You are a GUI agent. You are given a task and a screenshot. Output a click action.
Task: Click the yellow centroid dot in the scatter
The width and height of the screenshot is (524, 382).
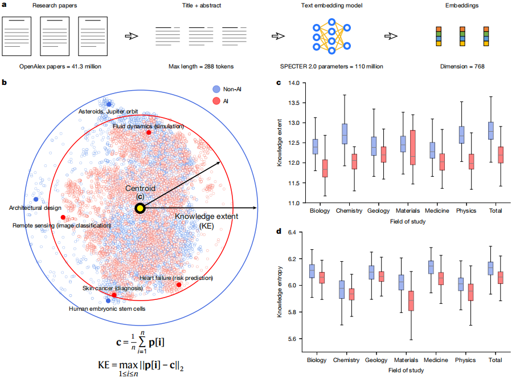[x=140, y=209]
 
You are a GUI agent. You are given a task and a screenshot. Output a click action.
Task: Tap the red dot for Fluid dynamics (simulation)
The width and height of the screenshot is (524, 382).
[x=149, y=132]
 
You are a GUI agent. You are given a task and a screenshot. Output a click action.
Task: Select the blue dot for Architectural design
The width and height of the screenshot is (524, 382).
[x=36, y=200]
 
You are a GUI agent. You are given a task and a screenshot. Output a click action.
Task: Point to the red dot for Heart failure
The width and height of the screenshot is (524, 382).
[x=179, y=285]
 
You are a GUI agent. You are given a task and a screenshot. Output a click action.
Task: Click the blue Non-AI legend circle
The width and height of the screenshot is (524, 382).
[x=216, y=89]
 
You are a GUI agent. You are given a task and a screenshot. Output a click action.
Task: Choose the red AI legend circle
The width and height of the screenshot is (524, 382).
[x=216, y=100]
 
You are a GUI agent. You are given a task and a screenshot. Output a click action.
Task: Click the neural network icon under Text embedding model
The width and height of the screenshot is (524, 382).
[x=331, y=35]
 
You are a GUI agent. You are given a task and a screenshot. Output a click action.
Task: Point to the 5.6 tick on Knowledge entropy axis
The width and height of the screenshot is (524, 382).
[x=301, y=339]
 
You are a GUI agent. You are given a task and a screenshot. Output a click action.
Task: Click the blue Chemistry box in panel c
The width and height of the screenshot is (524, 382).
[x=344, y=133]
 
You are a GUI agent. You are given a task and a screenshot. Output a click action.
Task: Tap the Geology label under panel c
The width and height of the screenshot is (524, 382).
[x=376, y=210]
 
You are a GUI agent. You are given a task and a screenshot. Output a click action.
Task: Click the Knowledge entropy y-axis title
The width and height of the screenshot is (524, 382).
[x=280, y=286]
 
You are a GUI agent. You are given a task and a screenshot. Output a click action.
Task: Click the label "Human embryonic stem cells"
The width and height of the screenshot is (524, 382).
[x=107, y=309]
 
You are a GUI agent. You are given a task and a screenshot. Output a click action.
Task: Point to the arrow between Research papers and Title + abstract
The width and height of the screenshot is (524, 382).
[x=132, y=35]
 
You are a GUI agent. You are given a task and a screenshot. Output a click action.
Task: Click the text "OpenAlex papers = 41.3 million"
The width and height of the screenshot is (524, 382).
[x=60, y=67]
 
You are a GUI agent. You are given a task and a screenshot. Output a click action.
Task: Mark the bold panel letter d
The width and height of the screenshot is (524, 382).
[x=279, y=232]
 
